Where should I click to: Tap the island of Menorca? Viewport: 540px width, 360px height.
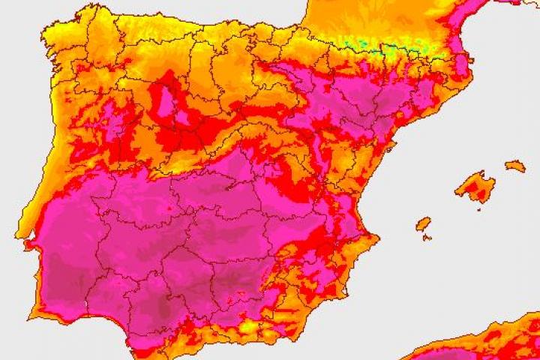click(515, 166)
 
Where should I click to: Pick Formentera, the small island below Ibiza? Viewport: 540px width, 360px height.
click(427, 238)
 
